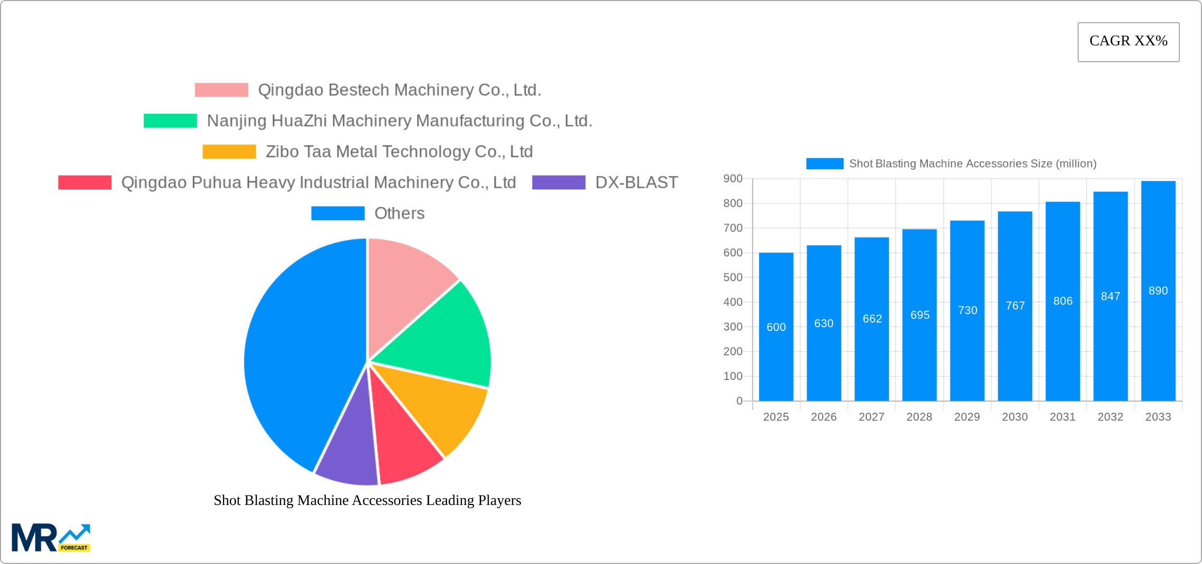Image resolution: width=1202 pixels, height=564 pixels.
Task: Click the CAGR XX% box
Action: click(1128, 42)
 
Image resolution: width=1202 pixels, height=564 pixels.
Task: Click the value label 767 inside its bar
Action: click(1015, 306)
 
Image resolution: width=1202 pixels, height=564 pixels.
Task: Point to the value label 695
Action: click(919, 315)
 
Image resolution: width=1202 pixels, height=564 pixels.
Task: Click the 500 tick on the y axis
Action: click(733, 277)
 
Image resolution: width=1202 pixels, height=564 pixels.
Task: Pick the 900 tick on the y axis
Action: click(733, 179)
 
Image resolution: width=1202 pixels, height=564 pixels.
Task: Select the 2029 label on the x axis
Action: click(967, 417)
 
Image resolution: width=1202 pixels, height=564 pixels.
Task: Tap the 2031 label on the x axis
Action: click(1062, 417)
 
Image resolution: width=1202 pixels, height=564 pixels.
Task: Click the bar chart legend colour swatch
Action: click(825, 164)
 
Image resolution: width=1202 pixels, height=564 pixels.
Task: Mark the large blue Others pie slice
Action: click(300, 358)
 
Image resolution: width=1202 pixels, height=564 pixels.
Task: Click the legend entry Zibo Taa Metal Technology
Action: click(399, 152)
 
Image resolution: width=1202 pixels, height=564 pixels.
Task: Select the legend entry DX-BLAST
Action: click(636, 182)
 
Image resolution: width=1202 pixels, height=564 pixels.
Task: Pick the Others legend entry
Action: click(399, 213)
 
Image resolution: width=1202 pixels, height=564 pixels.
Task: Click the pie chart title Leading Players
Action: click(367, 500)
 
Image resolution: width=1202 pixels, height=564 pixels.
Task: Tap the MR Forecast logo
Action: click(51, 537)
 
